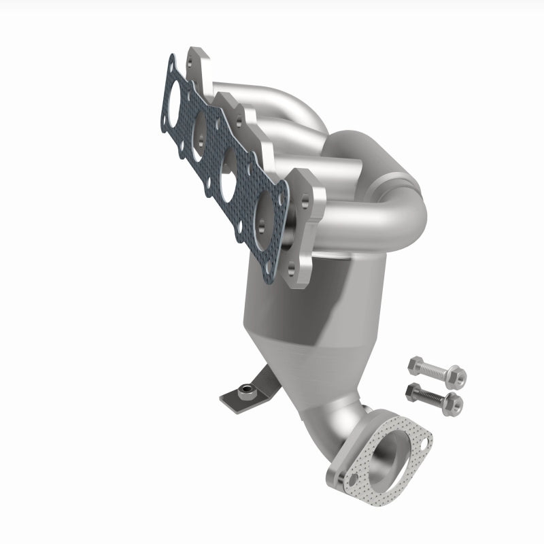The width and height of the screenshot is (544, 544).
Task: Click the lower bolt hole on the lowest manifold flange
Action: (x=292, y=271)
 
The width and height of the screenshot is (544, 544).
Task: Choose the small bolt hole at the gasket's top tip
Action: (x=171, y=67)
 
